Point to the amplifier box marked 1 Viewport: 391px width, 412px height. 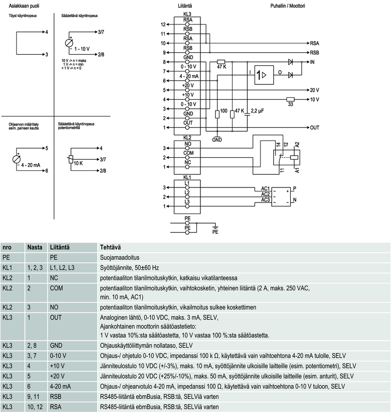[263, 75]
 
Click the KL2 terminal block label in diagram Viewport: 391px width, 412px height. [187, 138]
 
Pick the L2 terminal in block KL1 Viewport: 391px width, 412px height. [187, 193]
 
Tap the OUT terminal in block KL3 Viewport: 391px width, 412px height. [187, 122]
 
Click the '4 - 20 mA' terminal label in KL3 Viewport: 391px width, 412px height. [188, 77]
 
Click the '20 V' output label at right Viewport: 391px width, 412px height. [314, 90]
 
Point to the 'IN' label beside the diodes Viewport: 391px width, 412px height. [312, 62]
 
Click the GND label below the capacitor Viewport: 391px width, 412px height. [217, 139]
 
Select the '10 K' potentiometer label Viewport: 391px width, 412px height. [78, 163]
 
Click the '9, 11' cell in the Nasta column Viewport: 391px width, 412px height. [33, 396]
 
